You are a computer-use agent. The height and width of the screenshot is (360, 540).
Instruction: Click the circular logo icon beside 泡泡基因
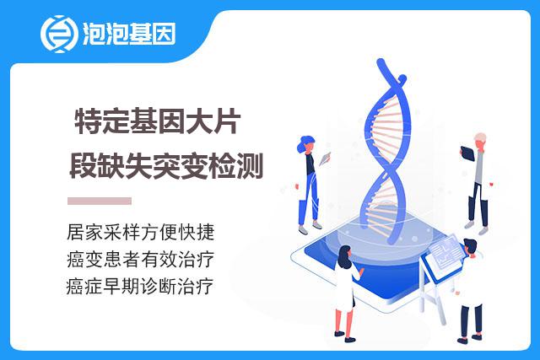[x=58, y=34]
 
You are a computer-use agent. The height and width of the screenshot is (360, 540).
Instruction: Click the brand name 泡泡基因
[x=129, y=34]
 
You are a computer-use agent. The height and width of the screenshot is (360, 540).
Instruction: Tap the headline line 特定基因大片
[x=158, y=121]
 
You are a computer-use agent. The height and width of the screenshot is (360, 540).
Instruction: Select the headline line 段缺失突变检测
[x=167, y=166]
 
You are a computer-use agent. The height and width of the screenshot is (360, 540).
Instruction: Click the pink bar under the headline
[x=100, y=201]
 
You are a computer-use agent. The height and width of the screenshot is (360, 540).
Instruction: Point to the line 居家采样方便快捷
[x=141, y=232]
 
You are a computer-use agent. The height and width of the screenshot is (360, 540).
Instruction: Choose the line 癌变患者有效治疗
[x=141, y=259]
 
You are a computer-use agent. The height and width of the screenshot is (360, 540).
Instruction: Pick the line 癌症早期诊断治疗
[x=140, y=287]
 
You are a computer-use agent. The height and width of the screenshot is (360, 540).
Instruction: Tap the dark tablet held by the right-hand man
[x=467, y=153]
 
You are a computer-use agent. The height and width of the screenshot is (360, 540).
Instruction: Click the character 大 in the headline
[x=199, y=121]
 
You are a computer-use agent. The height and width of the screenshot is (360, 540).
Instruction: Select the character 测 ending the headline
[x=251, y=166]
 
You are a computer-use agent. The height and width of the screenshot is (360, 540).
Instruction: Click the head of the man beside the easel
[x=471, y=247]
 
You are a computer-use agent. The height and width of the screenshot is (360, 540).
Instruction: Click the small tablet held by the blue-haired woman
[x=325, y=159]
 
